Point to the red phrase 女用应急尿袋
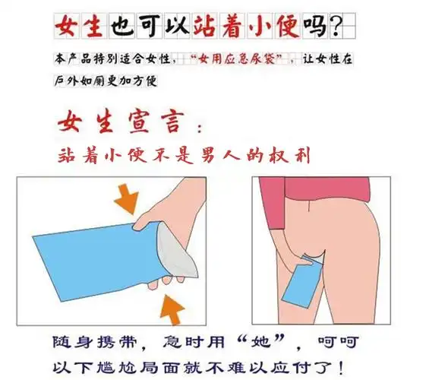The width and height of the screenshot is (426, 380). [240, 59]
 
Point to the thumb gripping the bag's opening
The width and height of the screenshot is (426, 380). [152, 223]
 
